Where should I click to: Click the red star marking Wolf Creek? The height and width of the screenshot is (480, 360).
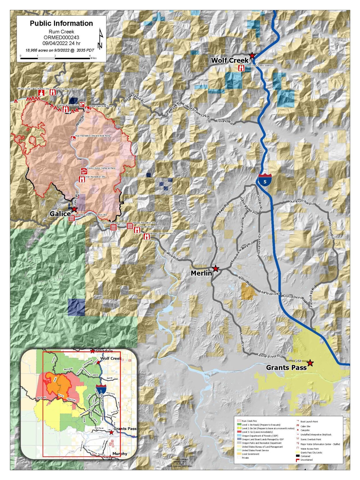(252, 55)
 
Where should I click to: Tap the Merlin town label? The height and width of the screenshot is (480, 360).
(201, 273)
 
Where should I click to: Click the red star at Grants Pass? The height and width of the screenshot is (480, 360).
(310, 363)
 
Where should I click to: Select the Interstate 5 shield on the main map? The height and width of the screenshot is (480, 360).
(265, 180)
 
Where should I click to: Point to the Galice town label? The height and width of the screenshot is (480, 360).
(60, 214)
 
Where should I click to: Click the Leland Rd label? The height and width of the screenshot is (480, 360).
(225, 122)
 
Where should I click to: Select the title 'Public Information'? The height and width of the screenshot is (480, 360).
(61, 23)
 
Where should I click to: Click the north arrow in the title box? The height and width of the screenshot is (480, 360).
(100, 39)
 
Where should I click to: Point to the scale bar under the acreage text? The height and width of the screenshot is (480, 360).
(55, 58)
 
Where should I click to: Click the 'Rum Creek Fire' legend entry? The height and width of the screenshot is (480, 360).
(249, 421)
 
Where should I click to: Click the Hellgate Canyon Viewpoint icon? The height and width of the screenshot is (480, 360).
(147, 237)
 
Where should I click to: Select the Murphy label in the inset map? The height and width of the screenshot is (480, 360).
(120, 454)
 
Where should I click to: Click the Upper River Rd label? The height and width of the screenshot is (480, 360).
(270, 356)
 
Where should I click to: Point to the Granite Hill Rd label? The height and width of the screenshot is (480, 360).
(313, 298)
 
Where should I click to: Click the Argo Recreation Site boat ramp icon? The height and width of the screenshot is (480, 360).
(73, 138)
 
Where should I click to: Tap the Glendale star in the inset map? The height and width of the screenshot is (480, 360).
(92, 351)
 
